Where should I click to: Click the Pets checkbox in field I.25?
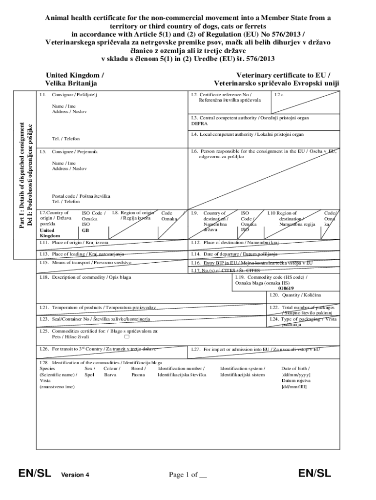pos(127,336)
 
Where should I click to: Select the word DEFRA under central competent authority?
pos(199,124)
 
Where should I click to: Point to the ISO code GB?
pos(85,230)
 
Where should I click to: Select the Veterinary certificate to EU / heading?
pos(283,75)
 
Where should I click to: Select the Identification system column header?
pos(243,368)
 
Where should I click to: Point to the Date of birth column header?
pos(295,368)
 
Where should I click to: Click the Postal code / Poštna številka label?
pos(81,196)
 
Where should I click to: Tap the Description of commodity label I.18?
pos(85,277)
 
